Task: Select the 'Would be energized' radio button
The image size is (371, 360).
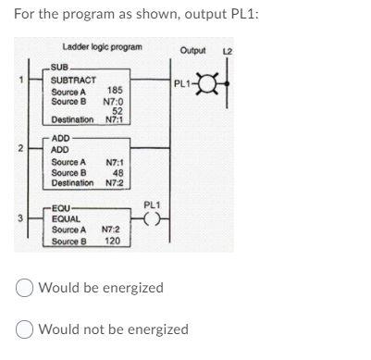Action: tap(25, 288)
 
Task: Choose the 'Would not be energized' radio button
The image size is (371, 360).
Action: tap(25, 329)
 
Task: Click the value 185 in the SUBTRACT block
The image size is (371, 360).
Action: tap(116, 91)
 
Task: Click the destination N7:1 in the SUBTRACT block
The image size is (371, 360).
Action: tap(115, 120)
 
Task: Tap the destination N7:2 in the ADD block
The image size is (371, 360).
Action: tap(115, 182)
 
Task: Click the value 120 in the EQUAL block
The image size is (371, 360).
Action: tap(112, 241)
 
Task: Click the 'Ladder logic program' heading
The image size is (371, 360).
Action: tap(102, 47)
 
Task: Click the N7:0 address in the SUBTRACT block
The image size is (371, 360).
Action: tap(114, 101)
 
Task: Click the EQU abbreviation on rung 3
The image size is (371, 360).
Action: tap(66, 209)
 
